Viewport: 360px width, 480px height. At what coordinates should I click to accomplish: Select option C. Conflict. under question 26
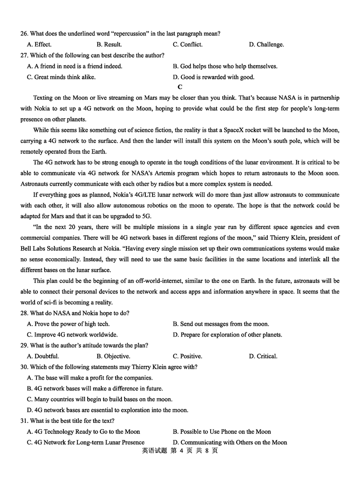pyautogui.click(x=188, y=45)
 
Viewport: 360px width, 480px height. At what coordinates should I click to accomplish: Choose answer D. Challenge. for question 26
pyautogui.click(x=266, y=45)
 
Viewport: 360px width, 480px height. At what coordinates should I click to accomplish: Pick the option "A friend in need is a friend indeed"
pyautogui.click(x=75, y=66)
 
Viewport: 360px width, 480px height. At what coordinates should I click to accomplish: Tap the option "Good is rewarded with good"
pyautogui.click(x=214, y=77)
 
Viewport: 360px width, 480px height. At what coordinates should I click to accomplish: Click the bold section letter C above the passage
pyautogui.click(x=180, y=87)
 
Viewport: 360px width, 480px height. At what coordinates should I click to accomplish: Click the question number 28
pyautogui.click(x=24, y=313)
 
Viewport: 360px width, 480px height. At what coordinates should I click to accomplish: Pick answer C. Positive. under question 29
pyautogui.click(x=188, y=356)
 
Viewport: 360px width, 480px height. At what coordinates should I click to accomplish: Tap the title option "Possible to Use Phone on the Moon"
pyautogui.click(x=222, y=431)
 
